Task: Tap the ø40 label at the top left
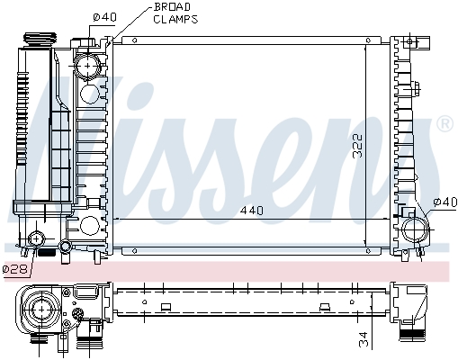[x=105, y=16]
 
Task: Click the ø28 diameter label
[x=14, y=269]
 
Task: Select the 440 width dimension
[x=251, y=210]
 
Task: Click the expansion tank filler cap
[x=40, y=41]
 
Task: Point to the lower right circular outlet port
[x=417, y=229]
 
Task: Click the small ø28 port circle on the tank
[x=37, y=239]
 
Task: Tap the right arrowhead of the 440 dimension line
[x=389, y=219]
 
